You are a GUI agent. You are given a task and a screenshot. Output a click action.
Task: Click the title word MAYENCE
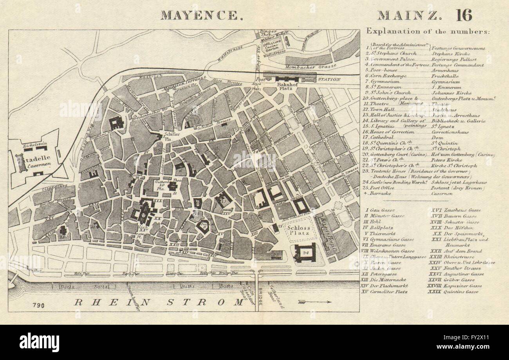point(199,15)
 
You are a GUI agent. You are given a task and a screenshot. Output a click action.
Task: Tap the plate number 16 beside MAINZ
point(464,15)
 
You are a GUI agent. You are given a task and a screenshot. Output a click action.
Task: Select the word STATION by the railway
point(329,79)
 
